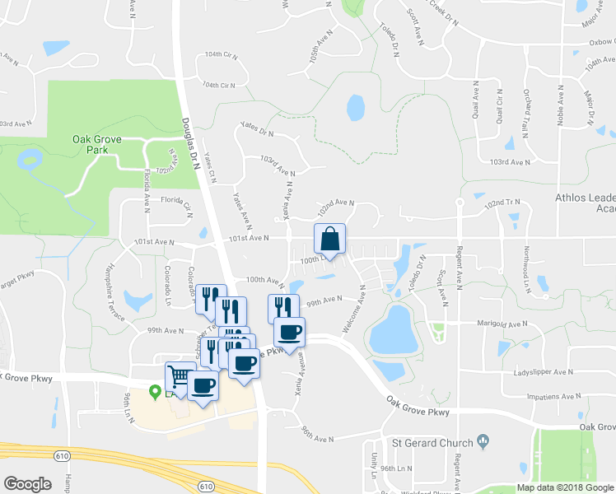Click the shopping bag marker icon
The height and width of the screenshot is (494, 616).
(329, 240)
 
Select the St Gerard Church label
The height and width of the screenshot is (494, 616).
(432, 443)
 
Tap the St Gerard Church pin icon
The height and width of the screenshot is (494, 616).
(483, 442)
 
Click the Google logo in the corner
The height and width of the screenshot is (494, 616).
(27, 483)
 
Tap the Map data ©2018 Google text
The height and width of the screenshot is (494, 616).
(565, 487)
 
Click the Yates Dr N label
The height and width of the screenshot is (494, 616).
(256, 128)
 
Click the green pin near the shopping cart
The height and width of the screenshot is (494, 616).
(154, 392)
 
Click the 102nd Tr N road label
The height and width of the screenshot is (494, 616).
(503, 202)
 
